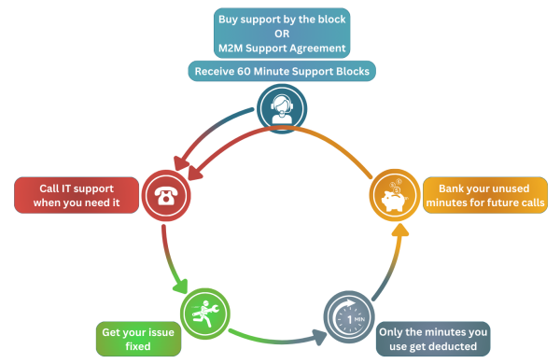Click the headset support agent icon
pos(279,106)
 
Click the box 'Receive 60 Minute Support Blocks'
pos(282,71)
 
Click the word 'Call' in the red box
pos(52,185)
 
